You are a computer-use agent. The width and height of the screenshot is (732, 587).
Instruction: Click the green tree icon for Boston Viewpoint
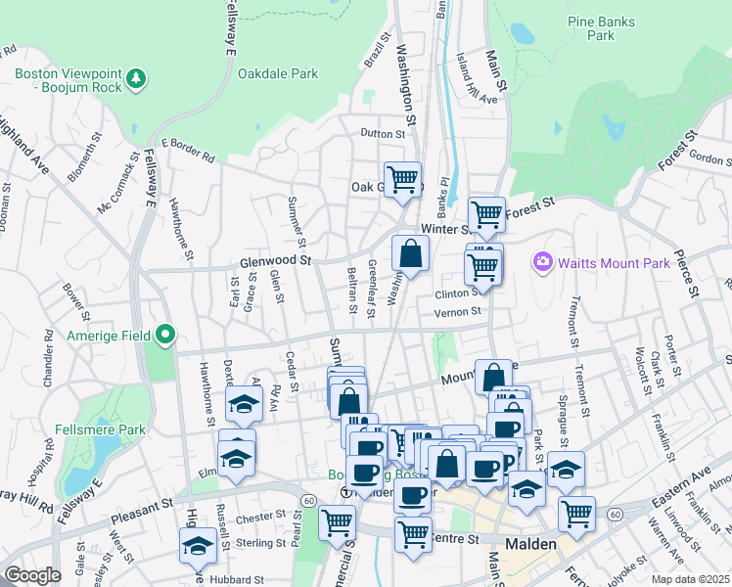(138, 77)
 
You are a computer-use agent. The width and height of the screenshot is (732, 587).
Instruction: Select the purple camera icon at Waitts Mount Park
(542, 261)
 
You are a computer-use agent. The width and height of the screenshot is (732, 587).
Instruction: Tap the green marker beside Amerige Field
(165, 336)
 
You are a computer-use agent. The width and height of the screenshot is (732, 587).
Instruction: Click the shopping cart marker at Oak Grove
(402, 180)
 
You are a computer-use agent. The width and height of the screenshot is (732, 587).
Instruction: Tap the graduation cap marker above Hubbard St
(198, 546)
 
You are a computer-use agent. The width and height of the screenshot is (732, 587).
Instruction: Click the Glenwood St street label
(275, 261)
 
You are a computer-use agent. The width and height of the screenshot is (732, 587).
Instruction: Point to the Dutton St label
(382, 133)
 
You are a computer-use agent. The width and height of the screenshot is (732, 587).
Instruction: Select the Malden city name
(530, 544)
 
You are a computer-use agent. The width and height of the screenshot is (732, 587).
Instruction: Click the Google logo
(32, 574)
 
